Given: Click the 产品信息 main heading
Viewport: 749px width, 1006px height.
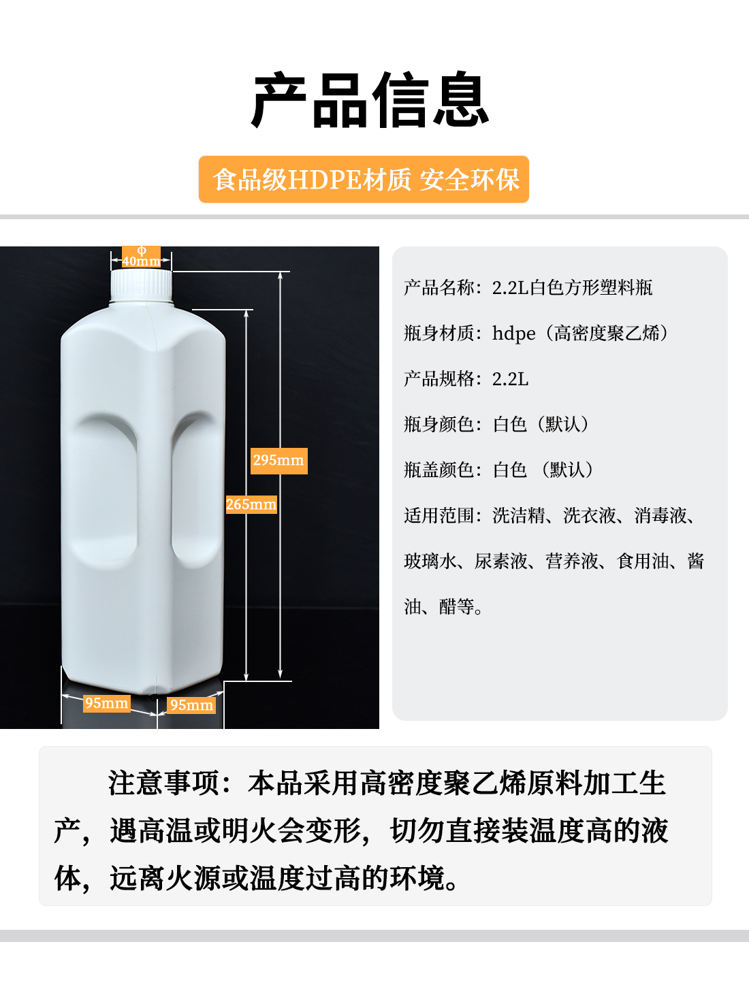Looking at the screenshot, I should click(x=370, y=101).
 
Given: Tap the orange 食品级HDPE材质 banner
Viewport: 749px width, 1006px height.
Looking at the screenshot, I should click(x=364, y=180).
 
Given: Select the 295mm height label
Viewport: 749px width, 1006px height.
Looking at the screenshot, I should click(x=278, y=461).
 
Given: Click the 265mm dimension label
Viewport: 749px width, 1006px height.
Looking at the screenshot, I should click(x=251, y=504).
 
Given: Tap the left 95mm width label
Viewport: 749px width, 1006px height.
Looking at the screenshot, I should click(x=106, y=703).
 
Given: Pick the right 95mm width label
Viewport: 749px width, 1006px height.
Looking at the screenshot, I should click(x=191, y=705).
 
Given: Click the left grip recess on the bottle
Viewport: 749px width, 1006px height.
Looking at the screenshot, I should click(x=106, y=490).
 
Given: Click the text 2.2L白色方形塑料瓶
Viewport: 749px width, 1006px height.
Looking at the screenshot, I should click(x=572, y=288).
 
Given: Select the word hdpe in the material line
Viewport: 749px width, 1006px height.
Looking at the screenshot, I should click(x=513, y=334).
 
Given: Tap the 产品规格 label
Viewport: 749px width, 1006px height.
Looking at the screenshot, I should click(x=439, y=379).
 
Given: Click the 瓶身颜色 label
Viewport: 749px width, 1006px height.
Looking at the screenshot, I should click(x=439, y=425).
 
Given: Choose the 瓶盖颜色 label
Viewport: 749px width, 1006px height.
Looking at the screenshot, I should click(x=439, y=470).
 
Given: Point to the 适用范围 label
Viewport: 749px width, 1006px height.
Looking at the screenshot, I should click(x=439, y=516).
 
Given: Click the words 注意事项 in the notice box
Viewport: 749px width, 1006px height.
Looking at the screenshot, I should click(x=163, y=783).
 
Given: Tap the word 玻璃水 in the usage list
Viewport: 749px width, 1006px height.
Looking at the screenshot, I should click(x=430, y=562).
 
